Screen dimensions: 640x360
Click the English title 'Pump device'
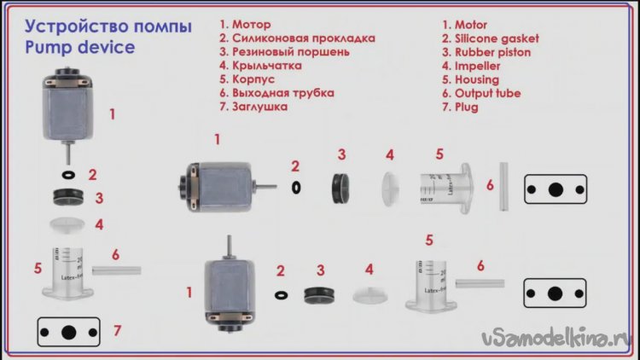80,48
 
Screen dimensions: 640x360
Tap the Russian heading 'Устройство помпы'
108,26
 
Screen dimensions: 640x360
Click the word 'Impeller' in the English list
477,66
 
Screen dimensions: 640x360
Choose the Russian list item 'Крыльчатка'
267,66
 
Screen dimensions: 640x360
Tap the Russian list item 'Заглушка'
259,107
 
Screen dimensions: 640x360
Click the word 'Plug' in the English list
467,107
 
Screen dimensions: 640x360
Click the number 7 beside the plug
117,331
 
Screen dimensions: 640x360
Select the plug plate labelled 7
68,332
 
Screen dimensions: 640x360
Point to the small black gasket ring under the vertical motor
68,175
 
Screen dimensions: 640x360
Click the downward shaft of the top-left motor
68,153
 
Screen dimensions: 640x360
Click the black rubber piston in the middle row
340,189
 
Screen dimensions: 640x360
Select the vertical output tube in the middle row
504,187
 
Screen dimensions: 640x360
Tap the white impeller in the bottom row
369,295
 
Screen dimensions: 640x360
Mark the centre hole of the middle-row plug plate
556,189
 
